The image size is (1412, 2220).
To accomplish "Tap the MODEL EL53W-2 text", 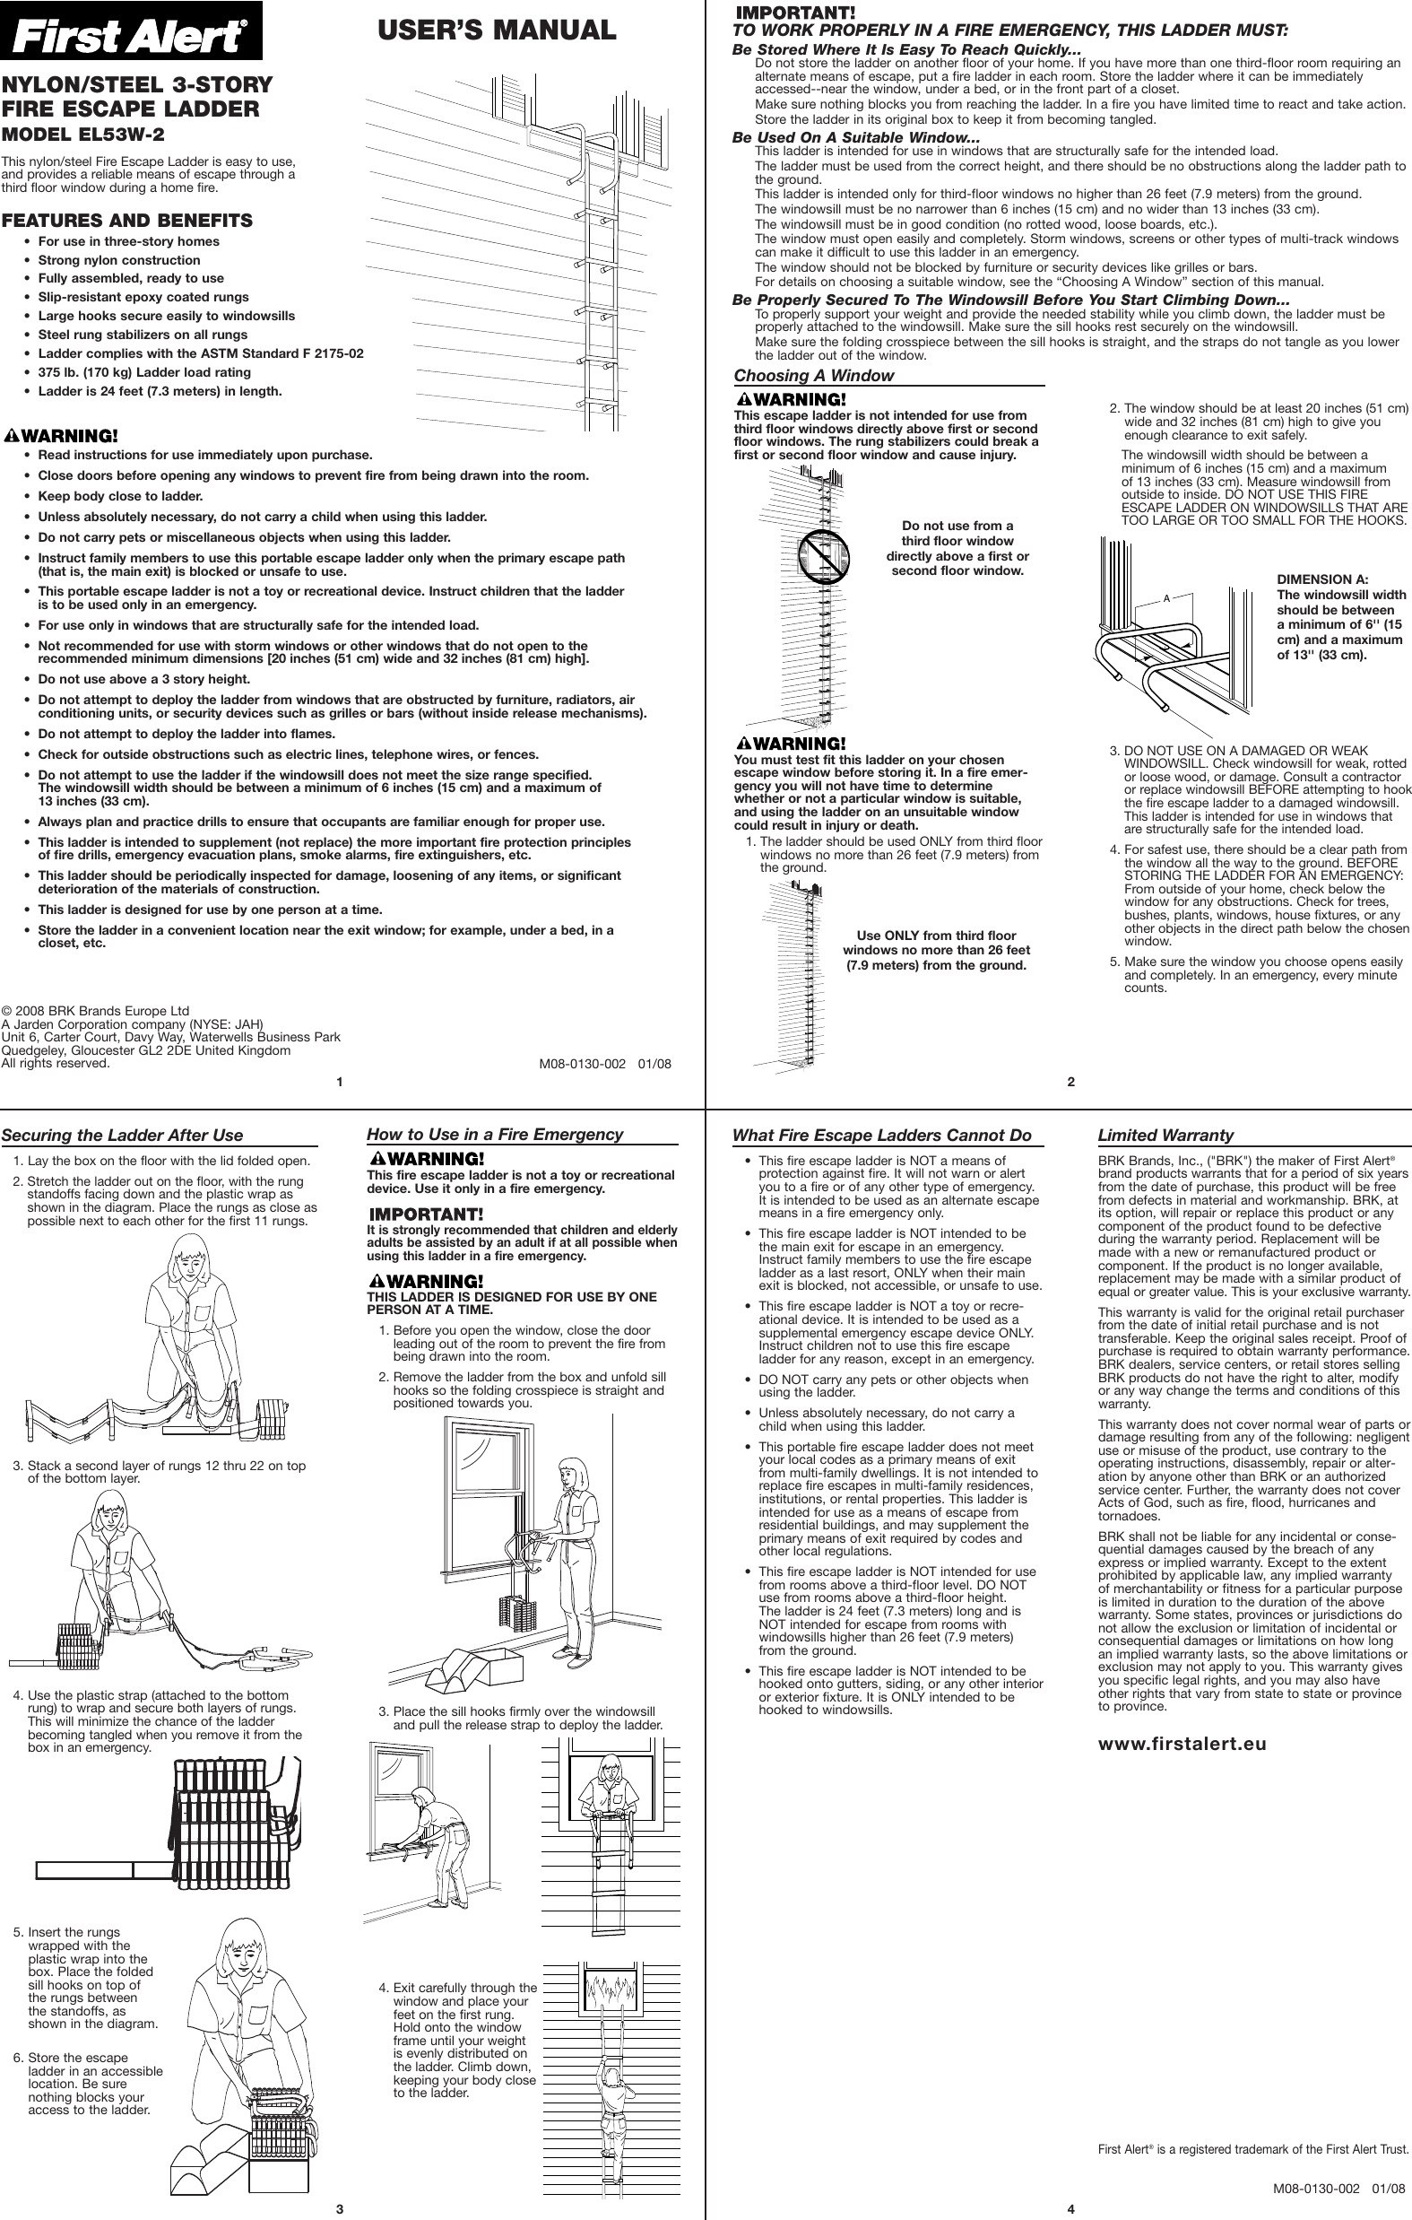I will pyautogui.click(x=84, y=134).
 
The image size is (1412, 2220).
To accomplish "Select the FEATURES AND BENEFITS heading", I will pyautogui.click(x=126, y=221).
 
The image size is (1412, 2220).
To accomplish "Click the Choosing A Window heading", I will pyautogui.click(x=814, y=375).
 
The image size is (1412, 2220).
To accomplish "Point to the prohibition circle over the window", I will pyautogui.click(x=822, y=557).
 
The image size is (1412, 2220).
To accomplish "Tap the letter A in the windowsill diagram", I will pyautogui.click(x=1166, y=598).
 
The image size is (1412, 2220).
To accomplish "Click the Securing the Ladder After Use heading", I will pyautogui.click(x=123, y=1135).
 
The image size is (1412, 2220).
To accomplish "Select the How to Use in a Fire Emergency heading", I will pyautogui.click(x=495, y=1134).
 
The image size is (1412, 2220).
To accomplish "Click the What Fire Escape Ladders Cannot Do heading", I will pyautogui.click(x=881, y=1135).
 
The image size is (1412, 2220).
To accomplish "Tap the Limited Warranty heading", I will pyautogui.click(x=1165, y=1135).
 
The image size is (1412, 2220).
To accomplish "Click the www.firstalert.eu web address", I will pyautogui.click(x=1182, y=1744).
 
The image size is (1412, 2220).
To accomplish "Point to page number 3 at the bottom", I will pyautogui.click(x=339, y=2208).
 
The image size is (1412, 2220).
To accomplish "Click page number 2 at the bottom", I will pyautogui.click(x=1071, y=1082).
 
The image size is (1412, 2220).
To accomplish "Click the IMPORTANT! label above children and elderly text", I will pyautogui.click(x=425, y=1214).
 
